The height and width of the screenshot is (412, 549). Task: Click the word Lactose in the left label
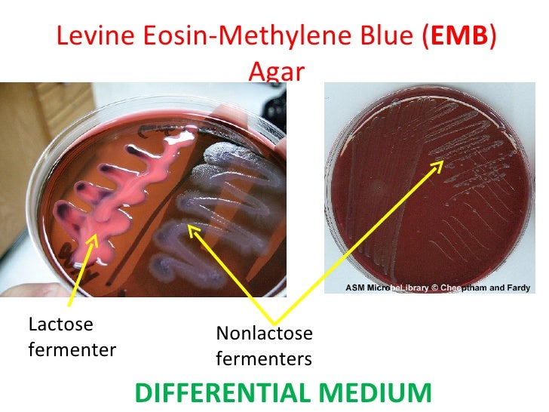coord(60,325)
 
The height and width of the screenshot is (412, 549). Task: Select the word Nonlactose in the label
coord(264,333)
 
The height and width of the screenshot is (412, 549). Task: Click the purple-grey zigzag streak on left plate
coord(219,219)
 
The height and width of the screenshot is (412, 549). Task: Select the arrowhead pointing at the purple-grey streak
coord(192,227)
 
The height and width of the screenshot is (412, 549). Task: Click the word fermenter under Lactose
coord(72,350)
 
